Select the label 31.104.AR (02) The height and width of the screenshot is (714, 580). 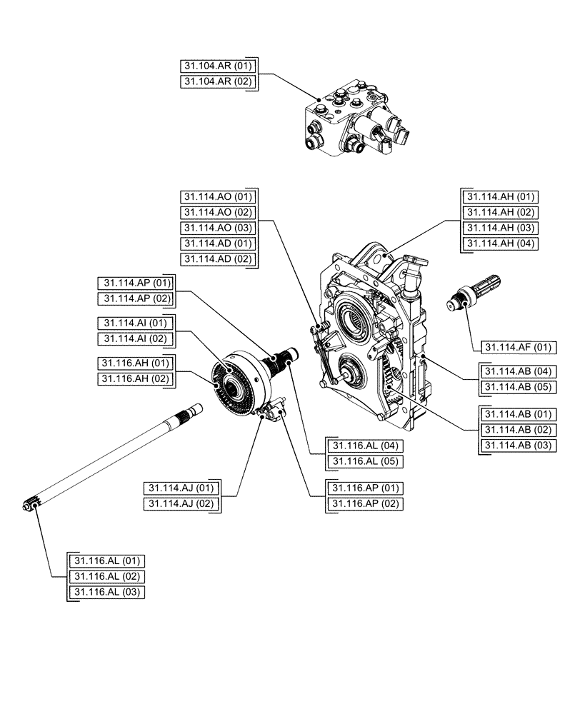[x=218, y=82]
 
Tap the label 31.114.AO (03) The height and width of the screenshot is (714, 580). [x=218, y=228]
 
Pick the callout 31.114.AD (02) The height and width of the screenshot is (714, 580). [x=218, y=259]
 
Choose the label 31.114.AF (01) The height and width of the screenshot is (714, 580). [x=518, y=348]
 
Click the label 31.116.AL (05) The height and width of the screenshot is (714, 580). [x=364, y=461]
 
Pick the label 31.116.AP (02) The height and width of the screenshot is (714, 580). [x=364, y=503]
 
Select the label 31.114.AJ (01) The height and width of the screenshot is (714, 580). [x=182, y=488]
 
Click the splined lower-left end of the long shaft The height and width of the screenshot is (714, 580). [x=32, y=504]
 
